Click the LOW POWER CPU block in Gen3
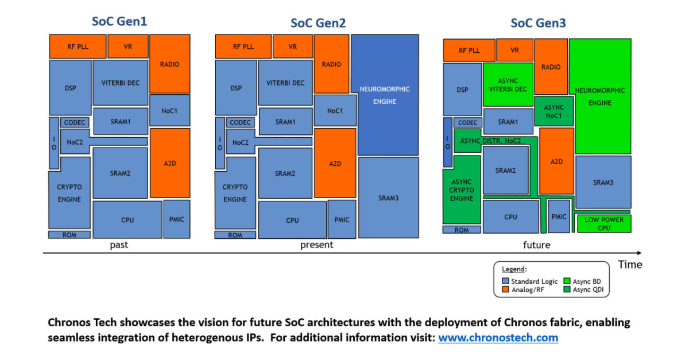603,223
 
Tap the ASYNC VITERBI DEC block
508,84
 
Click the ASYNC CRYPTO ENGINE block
462,189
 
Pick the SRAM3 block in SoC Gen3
603,182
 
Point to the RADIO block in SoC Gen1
169,64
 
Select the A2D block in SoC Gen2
335,163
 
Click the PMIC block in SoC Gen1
177,219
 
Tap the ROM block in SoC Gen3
462,230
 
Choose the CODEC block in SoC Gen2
240,122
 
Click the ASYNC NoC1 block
553,111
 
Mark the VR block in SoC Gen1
127,47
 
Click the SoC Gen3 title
538,23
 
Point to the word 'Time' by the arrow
629,264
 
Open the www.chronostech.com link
498,338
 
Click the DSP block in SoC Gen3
462,90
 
